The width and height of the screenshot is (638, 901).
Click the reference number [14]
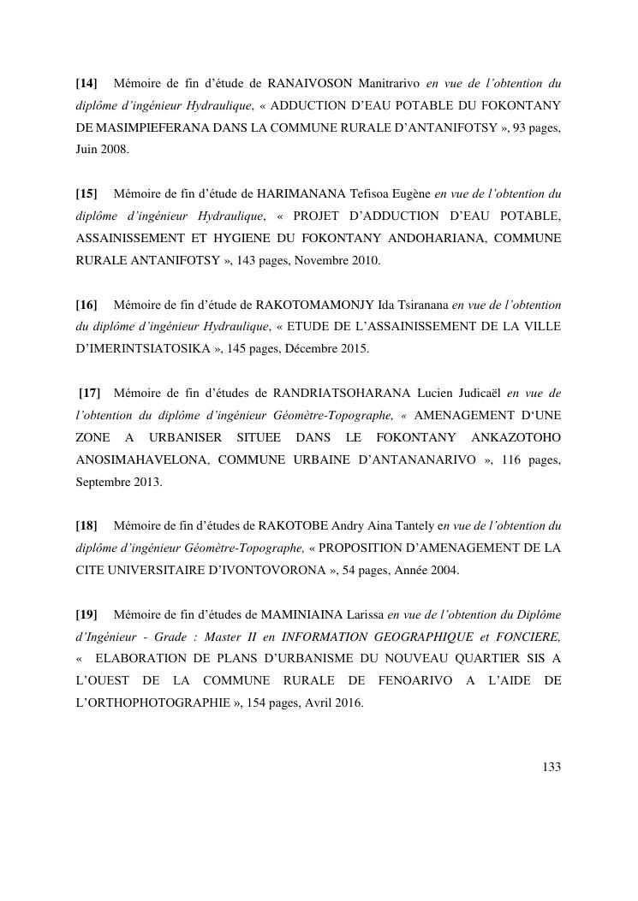click(x=86, y=83)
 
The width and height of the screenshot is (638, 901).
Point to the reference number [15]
click(x=86, y=193)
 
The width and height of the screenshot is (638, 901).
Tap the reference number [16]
click(x=86, y=304)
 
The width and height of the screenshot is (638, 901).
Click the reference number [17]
click(x=89, y=393)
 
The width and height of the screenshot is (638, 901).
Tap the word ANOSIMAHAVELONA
click(x=142, y=459)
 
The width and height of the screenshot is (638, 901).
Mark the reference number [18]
click(x=86, y=525)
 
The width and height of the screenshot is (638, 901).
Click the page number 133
click(x=552, y=767)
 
